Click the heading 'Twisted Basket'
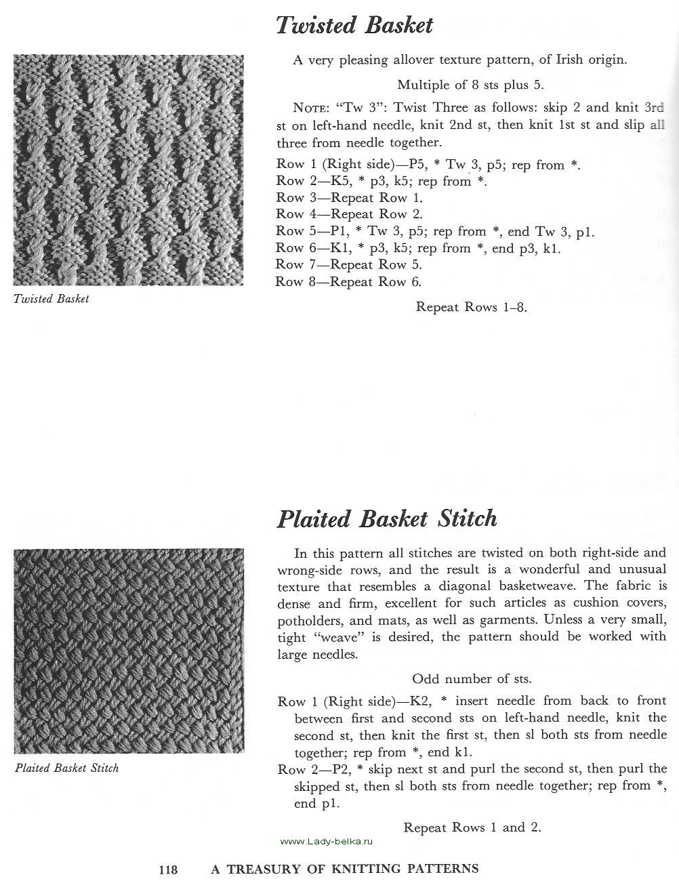point(354,26)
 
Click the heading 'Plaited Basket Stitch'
point(387,519)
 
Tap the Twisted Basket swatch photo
point(129,169)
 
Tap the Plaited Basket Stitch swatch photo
point(129,651)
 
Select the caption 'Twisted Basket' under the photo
point(52,299)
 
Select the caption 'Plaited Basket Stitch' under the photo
point(66,769)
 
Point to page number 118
point(168,869)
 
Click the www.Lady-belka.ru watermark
point(326,842)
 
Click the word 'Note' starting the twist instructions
point(312,108)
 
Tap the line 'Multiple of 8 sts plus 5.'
point(470,85)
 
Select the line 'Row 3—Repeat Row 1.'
point(350,198)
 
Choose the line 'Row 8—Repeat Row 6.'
point(350,282)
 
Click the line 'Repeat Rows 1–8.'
point(472,307)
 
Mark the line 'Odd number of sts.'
point(472,678)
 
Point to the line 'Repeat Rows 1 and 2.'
point(472,827)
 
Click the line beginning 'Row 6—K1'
point(419,249)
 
